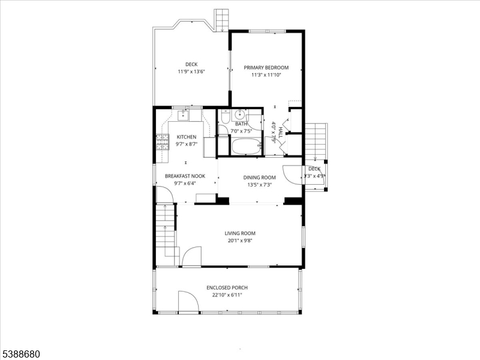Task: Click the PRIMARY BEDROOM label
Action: tap(266, 68)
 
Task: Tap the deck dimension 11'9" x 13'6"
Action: tap(191, 71)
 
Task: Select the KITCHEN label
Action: tap(187, 137)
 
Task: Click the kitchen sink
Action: tap(183, 115)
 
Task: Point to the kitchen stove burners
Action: tap(163, 142)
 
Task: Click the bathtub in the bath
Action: tap(246, 146)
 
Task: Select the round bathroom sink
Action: tap(239, 115)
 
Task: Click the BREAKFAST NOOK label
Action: tap(185, 176)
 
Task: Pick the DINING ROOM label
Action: tap(259, 177)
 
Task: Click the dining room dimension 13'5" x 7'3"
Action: tap(260, 185)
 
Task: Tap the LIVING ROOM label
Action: tap(240, 233)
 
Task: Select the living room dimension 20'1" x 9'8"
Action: tap(240, 241)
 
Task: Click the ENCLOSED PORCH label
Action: tap(227, 288)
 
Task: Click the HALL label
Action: tap(280, 132)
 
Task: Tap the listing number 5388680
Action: tap(20, 354)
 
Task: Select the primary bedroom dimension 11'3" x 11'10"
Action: tap(266, 75)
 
